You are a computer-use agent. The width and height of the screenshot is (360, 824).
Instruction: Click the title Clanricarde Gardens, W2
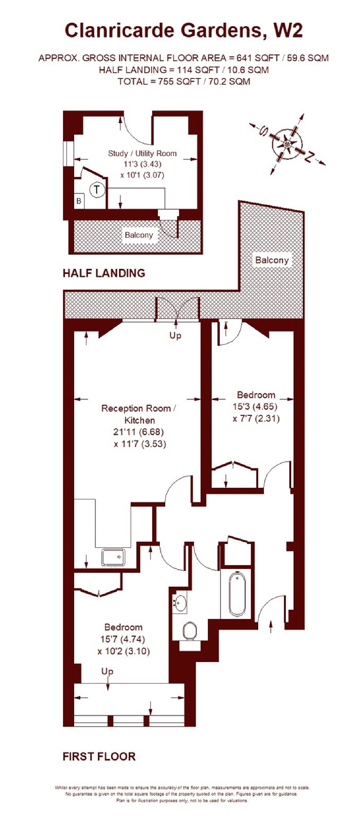tap(184, 31)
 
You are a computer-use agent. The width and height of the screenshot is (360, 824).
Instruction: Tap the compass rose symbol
tap(288, 144)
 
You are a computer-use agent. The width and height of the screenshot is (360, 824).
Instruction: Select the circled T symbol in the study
tap(97, 190)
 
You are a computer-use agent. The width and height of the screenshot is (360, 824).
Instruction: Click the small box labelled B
tap(79, 201)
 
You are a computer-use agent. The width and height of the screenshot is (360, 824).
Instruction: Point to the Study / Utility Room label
tap(142, 153)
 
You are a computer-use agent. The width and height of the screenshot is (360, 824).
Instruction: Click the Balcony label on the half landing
tap(139, 235)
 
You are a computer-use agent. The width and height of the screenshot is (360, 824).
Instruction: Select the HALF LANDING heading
tap(104, 273)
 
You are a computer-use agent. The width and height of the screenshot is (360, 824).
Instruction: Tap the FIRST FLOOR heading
tap(99, 756)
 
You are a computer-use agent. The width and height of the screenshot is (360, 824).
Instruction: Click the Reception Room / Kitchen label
tap(138, 414)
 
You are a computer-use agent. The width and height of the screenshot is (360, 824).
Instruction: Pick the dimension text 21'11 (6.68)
tap(138, 432)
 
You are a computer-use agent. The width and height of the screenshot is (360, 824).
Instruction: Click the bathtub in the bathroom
tap(237, 594)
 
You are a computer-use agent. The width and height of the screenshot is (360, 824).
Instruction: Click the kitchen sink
tap(113, 557)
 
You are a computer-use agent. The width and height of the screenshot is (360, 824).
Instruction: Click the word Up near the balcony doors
tap(175, 335)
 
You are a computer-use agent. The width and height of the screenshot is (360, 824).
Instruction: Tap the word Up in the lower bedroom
tap(107, 671)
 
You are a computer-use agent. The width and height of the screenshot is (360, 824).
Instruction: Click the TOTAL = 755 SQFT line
tap(184, 81)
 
